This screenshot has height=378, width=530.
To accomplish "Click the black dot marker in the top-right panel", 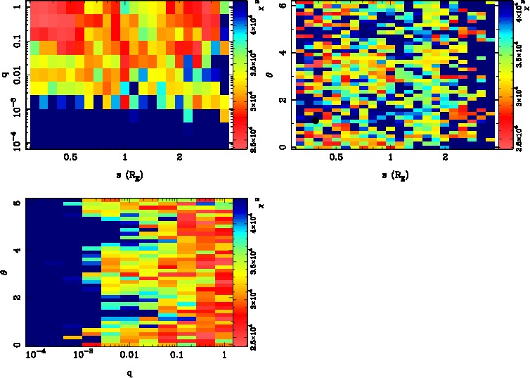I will pyautogui.click(x=316, y=120).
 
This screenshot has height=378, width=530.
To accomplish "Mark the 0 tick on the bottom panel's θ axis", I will pyautogui.click(x=18, y=345).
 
